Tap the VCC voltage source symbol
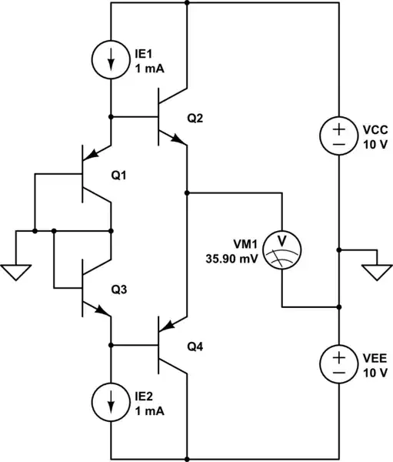click(338, 135)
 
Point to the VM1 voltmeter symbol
click(281, 249)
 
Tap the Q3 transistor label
click(119, 290)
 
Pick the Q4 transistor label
click(196, 347)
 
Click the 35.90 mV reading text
click(232, 259)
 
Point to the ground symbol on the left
click(16, 271)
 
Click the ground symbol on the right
click(376, 271)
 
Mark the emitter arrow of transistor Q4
click(179, 323)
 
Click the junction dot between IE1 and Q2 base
click(112, 116)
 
